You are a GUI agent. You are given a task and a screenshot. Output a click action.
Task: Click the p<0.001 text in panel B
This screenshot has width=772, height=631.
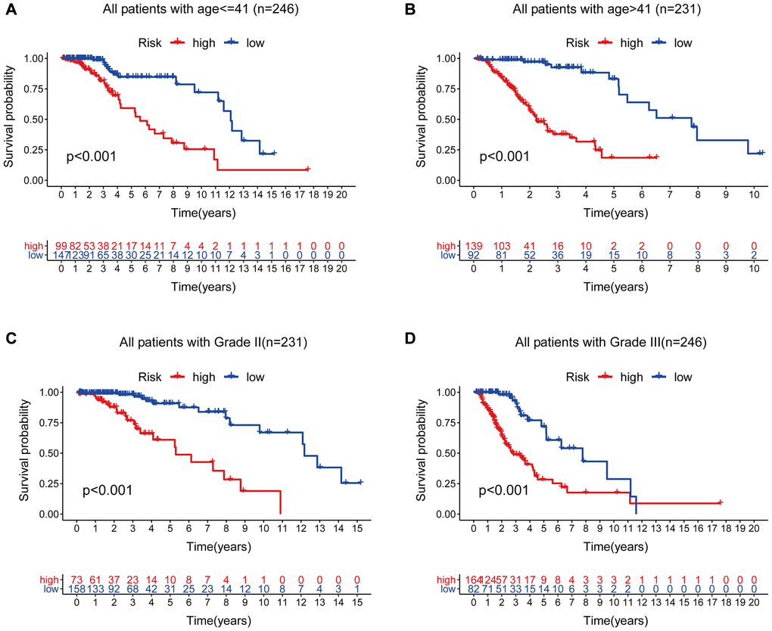[x=504, y=157]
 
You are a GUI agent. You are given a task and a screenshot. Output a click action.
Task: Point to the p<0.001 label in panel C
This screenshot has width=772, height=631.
[x=107, y=490]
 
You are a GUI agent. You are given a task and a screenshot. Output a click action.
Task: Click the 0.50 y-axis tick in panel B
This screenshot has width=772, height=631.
[x=444, y=119]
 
